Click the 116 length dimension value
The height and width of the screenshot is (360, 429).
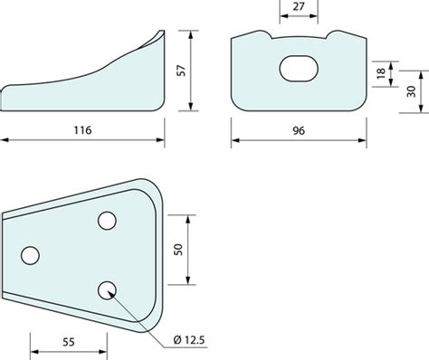(83, 128)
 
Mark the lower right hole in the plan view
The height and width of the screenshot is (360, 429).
(108, 289)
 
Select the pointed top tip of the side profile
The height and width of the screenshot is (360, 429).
(163, 32)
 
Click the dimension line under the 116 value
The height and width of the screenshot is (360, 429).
(83, 140)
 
